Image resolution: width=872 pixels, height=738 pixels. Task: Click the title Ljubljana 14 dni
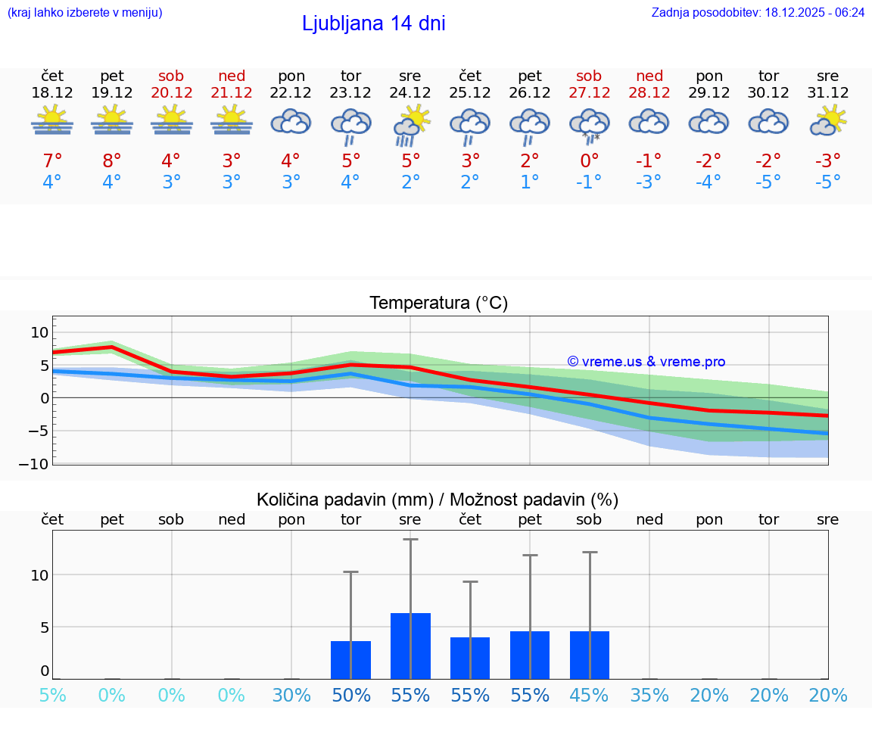(x=373, y=23)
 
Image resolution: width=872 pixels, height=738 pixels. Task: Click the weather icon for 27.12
(x=589, y=124)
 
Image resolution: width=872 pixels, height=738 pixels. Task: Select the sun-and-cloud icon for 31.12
(x=828, y=120)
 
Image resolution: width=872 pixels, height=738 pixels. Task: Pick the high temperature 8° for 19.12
(x=111, y=161)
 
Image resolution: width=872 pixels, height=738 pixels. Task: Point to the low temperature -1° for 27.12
(x=589, y=182)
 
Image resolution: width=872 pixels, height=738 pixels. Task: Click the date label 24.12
(x=410, y=93)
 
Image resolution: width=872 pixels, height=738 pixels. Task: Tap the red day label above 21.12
(x=232, y=76)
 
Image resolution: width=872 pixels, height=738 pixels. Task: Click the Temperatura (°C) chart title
(x=438, y=304)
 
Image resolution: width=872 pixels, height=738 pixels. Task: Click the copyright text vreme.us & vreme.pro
(x=646, y=362)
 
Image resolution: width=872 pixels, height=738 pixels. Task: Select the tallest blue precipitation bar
(x=410, y=646)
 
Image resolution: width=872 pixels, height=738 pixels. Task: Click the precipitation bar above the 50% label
(x=350, y=660)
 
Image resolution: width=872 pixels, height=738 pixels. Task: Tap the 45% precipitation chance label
(x=589, y=696)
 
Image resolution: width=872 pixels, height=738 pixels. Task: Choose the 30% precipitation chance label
(x=291, y=696)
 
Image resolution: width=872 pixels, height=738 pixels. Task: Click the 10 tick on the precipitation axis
(x=39, y=575)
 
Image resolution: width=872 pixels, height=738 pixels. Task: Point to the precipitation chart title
(x=438, y=500)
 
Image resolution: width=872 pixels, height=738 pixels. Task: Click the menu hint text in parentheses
(x=85, y=12)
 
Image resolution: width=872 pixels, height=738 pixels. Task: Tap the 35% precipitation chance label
(x=649, y=696)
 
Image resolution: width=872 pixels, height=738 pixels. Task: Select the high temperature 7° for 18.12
(x=51, y=161)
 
